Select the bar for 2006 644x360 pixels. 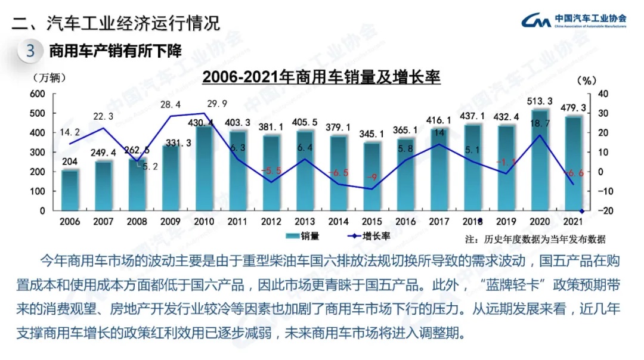(x=70, y=190)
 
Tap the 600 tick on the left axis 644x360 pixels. (x=38, y=94)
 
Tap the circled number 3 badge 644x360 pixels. (x=30, y=51)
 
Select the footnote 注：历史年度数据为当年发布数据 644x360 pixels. (x=535, y=239)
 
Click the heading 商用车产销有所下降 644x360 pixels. (x=114, y=51)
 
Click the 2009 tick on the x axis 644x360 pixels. (x=170, y=221)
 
